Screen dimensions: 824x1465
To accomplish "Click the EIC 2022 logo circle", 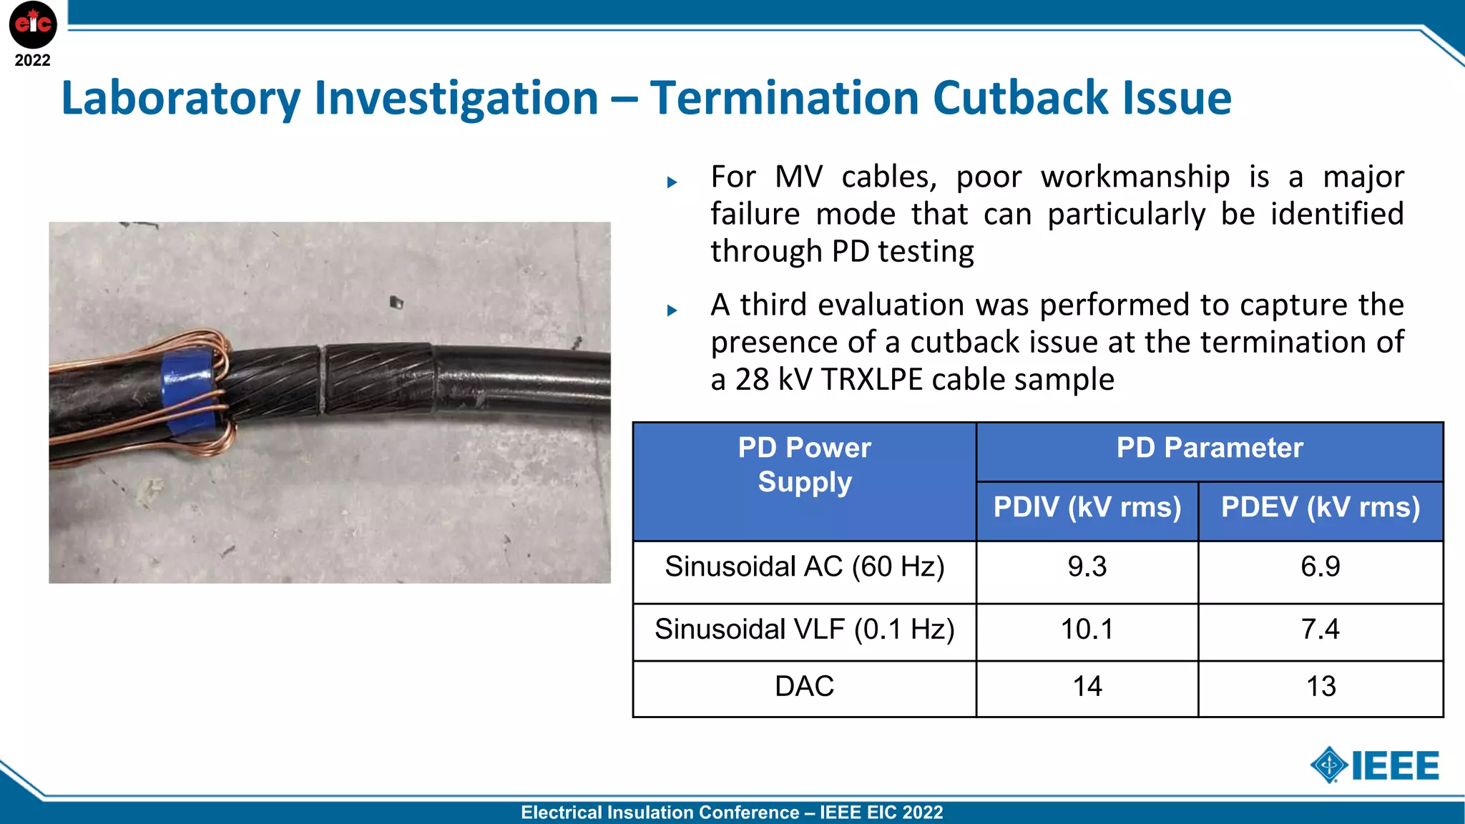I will tap(33, 24).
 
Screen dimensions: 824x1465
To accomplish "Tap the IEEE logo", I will tap(1375, 765).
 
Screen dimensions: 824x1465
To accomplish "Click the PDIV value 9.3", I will tap(1087, 566).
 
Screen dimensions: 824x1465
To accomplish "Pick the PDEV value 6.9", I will tap(1320, 566).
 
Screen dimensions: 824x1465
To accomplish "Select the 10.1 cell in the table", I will tap(1087, 629).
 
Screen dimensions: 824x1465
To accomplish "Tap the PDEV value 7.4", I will tap(1320, 629).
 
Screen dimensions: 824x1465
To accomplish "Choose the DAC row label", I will tap(804, 687).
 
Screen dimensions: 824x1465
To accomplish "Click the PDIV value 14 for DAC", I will tap(1087, 687).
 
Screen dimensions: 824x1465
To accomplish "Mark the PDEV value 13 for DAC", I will tap(1320, 687).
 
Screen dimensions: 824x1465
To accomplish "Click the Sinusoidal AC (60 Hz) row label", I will tap(804, 566).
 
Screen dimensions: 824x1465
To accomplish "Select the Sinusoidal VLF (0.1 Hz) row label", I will tap(804, 629).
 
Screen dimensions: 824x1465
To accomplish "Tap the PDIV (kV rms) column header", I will tap(1087, 507).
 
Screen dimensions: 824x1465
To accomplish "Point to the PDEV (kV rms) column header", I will tap(1320, 507).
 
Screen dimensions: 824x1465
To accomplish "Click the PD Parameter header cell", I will tap(1210, 448).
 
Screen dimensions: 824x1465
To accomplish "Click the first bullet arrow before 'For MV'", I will tap(672, 182).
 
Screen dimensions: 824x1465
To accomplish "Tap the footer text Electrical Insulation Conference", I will tap(660, 813).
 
